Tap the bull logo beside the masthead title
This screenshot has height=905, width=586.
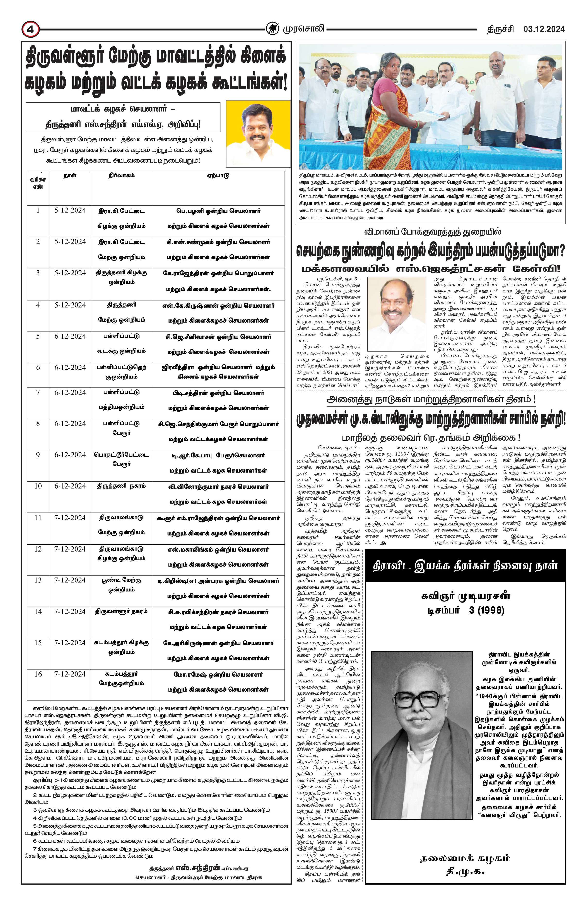[x=272, y=28]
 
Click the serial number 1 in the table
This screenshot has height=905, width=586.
[x=38, y=210]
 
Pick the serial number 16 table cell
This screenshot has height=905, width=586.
[x=38, y=674]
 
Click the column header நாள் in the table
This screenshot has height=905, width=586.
[x=70, y=176]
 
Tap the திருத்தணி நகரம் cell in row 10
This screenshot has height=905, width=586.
[x=121, y=486]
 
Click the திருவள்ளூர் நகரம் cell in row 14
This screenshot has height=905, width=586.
[x=121, y=611]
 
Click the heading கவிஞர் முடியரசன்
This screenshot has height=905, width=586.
[x=466, y=596]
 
